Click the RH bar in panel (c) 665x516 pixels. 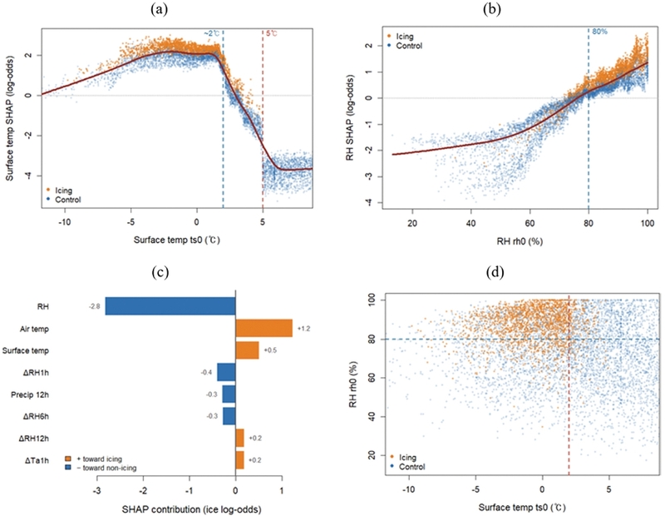[x=170, y=306]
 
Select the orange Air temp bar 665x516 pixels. [x=264, y=328]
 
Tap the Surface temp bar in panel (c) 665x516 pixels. [x=247, y=350]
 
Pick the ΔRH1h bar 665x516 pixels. [x=226, y=373]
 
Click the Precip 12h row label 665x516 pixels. [x=30, y=395]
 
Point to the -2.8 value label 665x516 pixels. [x=94, y=306]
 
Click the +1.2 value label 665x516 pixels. [x=303, y=329]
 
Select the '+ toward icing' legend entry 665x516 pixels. [x=93, y=459]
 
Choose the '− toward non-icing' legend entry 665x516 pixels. [x=101, y=468]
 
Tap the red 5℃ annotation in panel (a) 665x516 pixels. [x=272, y=33]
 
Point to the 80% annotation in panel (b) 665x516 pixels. [x=599, y=32]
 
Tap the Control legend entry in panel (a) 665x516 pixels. [x=63, y=200]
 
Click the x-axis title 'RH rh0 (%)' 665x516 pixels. [x=520, y=241]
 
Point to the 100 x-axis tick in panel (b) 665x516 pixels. [x=648, y=223]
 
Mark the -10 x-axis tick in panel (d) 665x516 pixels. [x=409, y=489]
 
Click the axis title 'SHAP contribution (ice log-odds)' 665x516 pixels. [x=191, y=509]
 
